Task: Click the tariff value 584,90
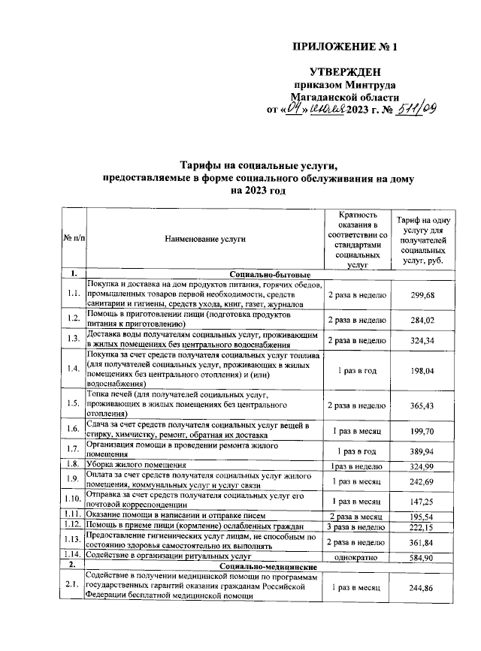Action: pos(422,558)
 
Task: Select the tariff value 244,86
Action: pos(422,587)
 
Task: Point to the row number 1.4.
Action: pos(73,368)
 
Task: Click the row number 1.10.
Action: pos(73,499)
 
